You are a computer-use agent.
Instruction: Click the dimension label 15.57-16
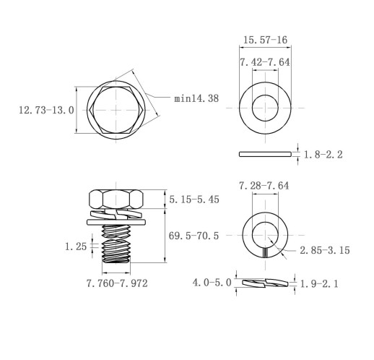point(265,40)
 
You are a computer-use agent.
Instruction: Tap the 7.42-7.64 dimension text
point(265,62)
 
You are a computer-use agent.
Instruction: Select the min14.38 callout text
point(196,98)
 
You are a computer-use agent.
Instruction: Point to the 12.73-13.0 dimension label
point(46,110)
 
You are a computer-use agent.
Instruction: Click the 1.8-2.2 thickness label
point(323,155)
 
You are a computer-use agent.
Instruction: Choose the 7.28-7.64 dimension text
point(264,186)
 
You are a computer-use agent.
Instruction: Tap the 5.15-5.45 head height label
point(194,200)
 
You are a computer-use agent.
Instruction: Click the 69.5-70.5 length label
point(193,236)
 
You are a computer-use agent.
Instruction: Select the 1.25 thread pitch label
point(76,247)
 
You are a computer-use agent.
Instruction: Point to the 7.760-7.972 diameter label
point(117,283)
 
